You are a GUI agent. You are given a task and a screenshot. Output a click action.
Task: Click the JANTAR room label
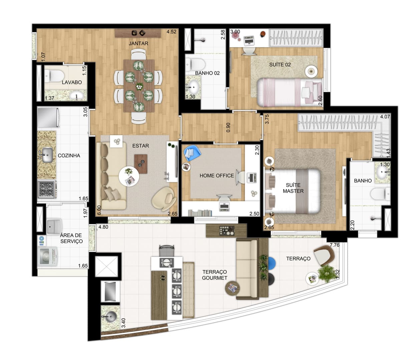[x=138, y=43]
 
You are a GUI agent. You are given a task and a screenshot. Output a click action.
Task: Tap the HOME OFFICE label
[x=217, y=175]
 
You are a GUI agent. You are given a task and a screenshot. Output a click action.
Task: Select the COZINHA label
[x=69, y=155]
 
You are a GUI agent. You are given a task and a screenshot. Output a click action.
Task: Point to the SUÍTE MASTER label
[x=293, y=188]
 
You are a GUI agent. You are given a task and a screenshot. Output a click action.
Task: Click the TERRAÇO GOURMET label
[x=215, y=275]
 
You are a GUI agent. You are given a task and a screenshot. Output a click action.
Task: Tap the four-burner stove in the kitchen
[x=47, y=189]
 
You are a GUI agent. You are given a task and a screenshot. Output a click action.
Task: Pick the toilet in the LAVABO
[x=54, y=76]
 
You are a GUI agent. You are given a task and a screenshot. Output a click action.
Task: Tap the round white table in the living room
[x=129, y=176]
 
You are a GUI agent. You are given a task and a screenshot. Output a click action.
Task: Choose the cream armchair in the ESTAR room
[x=164, y=197]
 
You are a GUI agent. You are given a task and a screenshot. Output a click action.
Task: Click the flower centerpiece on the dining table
[x=139, y=86]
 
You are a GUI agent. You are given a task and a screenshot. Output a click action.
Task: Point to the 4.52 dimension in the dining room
[x=171, y=32]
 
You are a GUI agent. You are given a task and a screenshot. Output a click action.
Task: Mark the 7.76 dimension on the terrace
[x=335, y=245]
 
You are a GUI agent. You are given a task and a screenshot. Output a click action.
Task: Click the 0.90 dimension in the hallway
[x=228, y=128]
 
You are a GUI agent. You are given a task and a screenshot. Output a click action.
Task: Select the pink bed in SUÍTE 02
[x=289, y=92]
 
